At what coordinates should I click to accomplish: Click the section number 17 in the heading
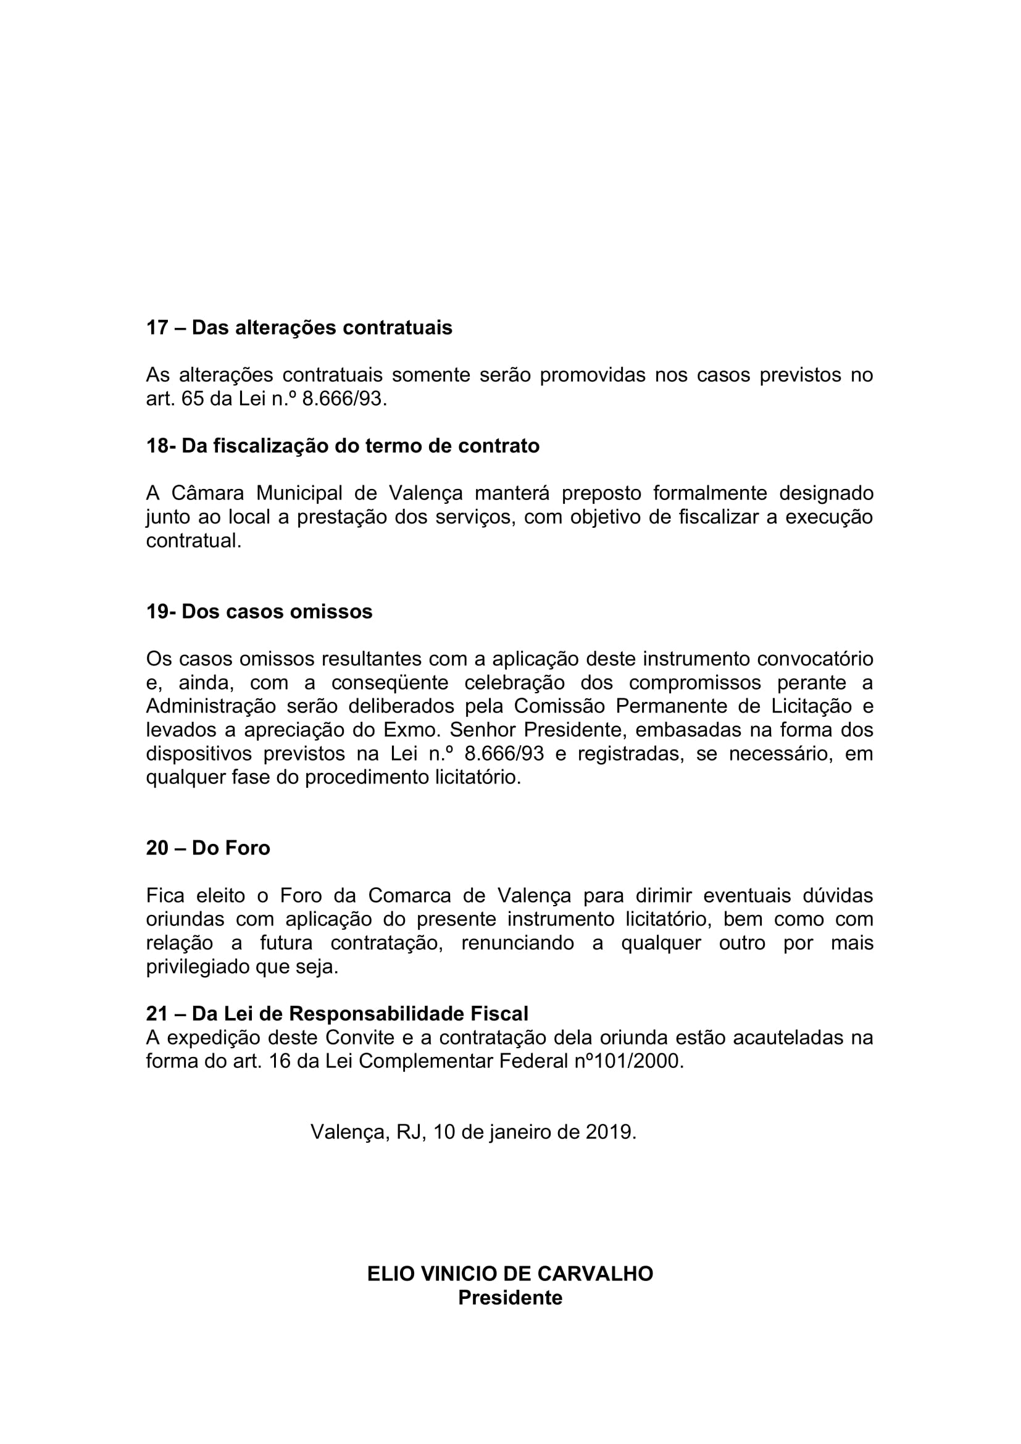coord(157,328)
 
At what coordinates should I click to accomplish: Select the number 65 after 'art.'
coord(193,399)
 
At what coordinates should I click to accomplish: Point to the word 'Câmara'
coord(207,493)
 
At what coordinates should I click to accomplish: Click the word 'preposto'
coord(602,493)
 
